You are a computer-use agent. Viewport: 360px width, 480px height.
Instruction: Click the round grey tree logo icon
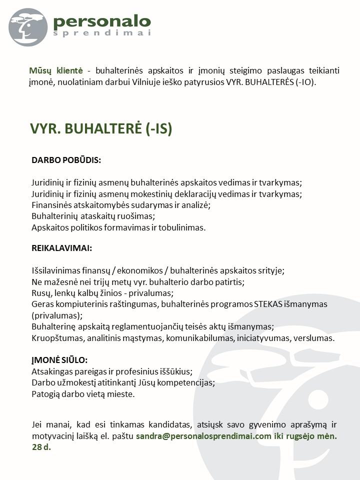tap(28, 27)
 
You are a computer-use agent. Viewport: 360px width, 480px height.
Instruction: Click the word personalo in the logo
tap(101, 21)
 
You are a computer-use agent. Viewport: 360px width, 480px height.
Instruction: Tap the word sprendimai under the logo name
tap(101, 33)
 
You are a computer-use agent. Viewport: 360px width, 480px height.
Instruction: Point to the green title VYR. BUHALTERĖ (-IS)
tap(101, 129)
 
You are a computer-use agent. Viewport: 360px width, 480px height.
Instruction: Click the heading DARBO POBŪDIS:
tap(66, 160)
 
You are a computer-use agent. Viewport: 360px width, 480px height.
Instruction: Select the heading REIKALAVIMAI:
tap(61, 248)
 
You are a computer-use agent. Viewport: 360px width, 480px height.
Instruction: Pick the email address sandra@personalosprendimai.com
tap(203, 436)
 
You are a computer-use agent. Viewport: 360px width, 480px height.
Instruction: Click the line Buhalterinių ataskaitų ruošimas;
tap(93, 216)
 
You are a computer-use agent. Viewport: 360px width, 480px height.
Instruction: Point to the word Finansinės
tap(51, 205)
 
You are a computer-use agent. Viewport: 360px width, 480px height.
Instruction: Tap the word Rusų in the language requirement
tap(40, 293)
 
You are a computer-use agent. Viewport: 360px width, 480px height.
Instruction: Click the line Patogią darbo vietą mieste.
tap(83, 394)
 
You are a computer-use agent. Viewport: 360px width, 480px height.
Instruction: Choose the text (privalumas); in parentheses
tap(56, 315)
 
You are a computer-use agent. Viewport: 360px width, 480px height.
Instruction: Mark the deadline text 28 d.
tap(41, 447)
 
